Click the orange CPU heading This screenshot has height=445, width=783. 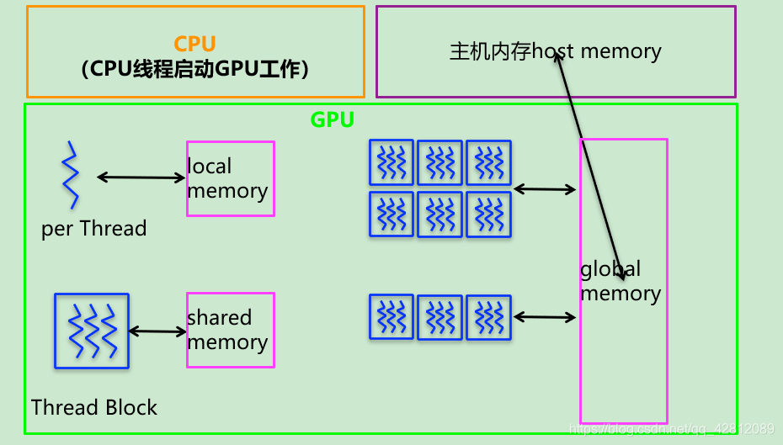coord(194,44)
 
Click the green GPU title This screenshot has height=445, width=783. coord(332,119)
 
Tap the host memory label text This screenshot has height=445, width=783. coord(556,51)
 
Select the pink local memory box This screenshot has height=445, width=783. coord(230,178)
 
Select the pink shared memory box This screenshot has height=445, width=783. coord(230,330)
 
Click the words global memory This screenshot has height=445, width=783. coord(621,281)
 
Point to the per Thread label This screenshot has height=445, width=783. coord(93,229)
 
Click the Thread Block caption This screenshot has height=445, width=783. coord(94,408)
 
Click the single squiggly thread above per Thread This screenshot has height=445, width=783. coord(70,175)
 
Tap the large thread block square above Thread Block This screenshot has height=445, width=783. coord(92,331)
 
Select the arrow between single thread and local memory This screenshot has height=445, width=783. coord(141,177)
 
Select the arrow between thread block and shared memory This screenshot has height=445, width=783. coord(157,331)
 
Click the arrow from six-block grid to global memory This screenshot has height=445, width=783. coord(545,190)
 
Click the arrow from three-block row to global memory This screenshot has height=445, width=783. coord(545,317)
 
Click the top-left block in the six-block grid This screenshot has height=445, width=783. coord(391,162)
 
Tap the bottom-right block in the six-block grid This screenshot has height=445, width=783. coord(489,215)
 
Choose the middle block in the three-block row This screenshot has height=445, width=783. coord(440,317)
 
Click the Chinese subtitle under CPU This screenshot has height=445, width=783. coord(195,70)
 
